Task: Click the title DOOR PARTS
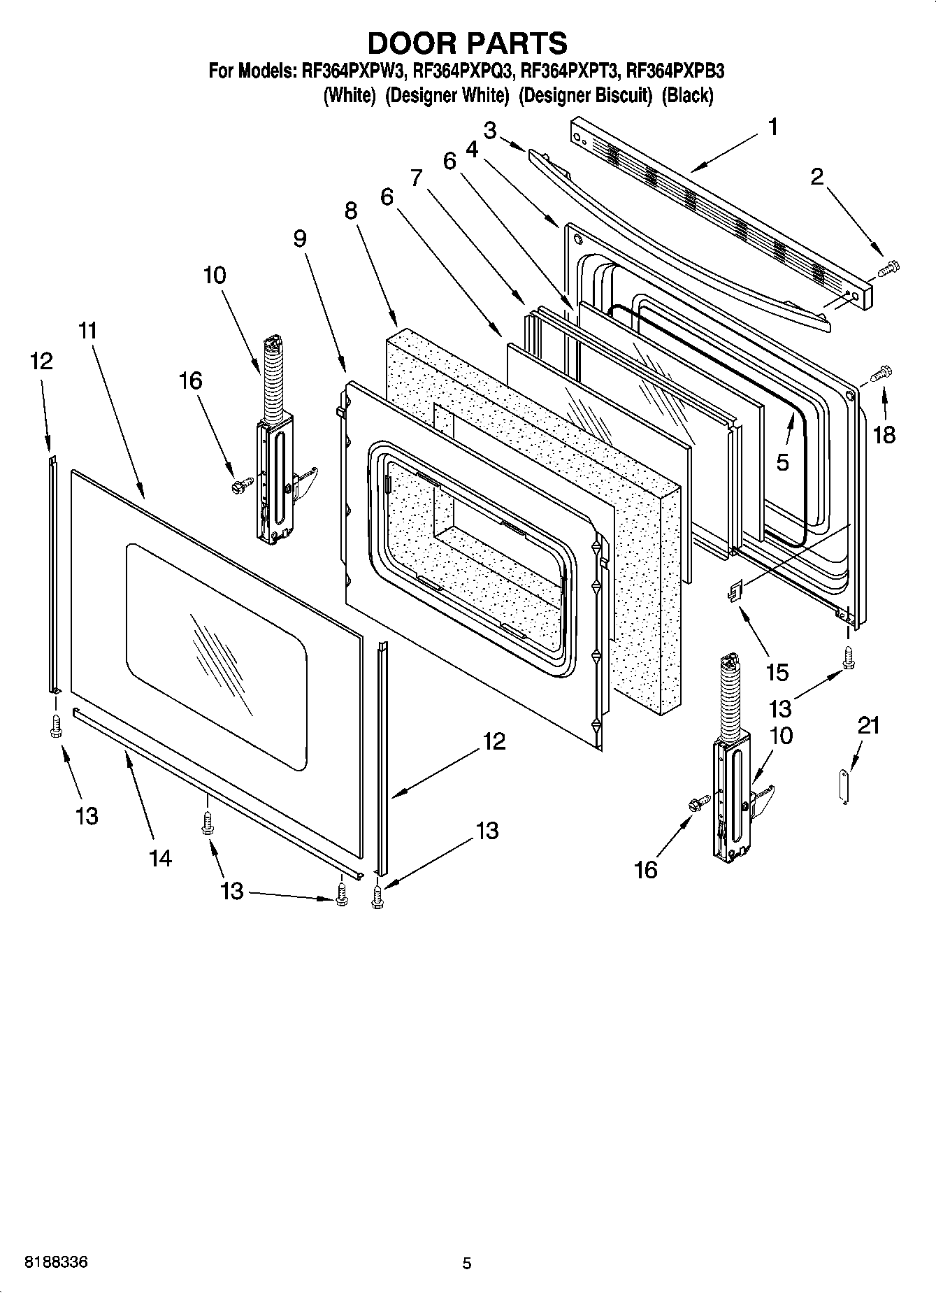(467, 43)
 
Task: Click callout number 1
(772, 127)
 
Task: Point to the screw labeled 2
(889, 266)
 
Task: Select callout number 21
(869, 726)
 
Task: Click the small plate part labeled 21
(844, 787)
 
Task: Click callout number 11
(87, 331)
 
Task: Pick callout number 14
(160, 857)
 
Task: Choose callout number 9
(299, 239)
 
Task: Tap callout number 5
(782, 462)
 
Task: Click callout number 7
(417, 178)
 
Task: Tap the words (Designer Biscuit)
(585, 95)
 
